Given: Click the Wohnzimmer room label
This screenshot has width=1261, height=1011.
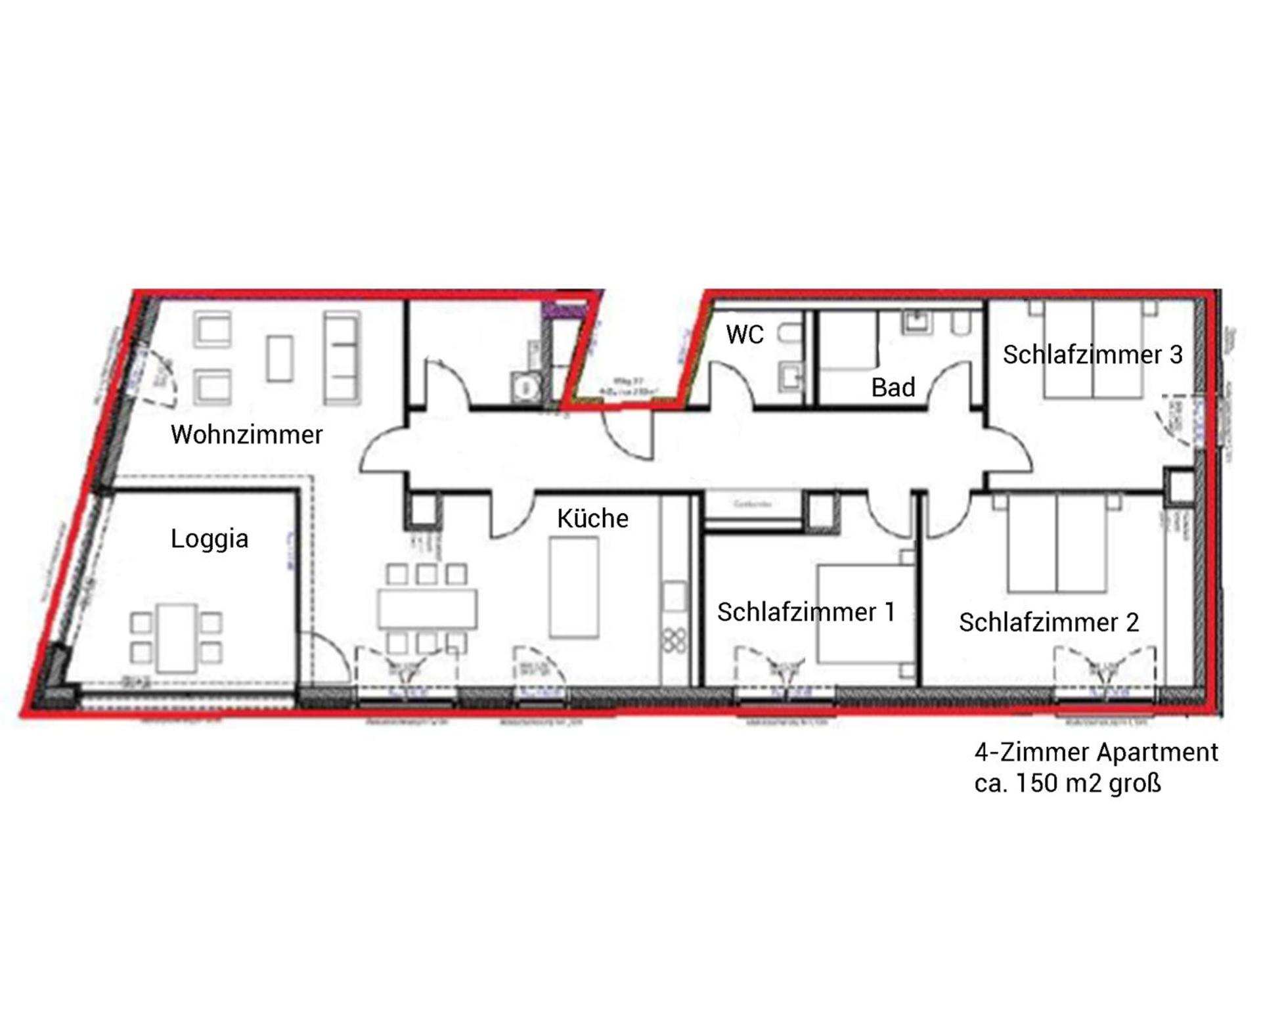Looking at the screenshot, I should [x=246, y=435].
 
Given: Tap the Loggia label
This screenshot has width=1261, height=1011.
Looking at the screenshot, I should [x=210, y=539].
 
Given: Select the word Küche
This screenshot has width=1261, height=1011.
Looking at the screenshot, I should [x=592, y=519].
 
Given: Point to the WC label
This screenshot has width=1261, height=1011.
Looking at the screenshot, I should [x=745, y=335].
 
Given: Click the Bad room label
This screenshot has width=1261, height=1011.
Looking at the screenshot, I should [x=893, y=388].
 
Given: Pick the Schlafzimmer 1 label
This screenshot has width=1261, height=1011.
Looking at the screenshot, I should [x=806, y=612].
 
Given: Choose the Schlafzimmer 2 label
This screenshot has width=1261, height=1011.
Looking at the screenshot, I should [x=1048, y=623].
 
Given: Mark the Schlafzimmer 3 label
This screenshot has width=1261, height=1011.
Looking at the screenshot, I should [x=1092, y=355].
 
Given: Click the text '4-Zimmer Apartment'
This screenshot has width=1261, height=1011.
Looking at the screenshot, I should [x=1095, y=752].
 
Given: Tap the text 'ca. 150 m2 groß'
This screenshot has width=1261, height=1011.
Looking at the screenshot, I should [x=1067, y=784].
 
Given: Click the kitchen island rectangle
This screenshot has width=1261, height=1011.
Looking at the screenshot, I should [x=574, y=587].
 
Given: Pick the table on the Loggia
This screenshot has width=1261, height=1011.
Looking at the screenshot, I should [x=176, y=638].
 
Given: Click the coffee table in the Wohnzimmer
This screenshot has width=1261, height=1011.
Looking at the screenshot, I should [x=280, y=358].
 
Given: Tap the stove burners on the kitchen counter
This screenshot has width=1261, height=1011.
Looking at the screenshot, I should [x=675, y=640].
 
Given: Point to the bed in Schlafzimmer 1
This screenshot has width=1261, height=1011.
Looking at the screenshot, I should [x=866, y=614].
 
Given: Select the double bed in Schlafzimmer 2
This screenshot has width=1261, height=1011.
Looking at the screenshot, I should [x=1057, y=543].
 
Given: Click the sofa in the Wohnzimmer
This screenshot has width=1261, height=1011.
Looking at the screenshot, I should [x=342, y=358].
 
